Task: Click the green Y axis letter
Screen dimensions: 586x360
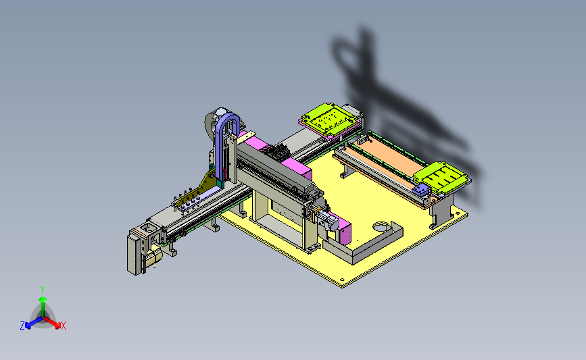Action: pyautogui.click(x=43, y=290)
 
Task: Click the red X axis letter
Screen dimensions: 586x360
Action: pyautogui.click(x=63, y=326)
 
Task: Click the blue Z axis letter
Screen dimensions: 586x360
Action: pyautogui.click(x=22, y=326)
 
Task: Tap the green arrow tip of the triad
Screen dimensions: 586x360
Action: pyautogui.click(x=43, y=299)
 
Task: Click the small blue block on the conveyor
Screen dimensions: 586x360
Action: pyautogui.click(x=420, y=190)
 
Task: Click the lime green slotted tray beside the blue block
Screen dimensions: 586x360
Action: pyautogui.click(x=441, y=177)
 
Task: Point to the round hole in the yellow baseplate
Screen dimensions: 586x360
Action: pyautogui.click(x=381, y=227)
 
